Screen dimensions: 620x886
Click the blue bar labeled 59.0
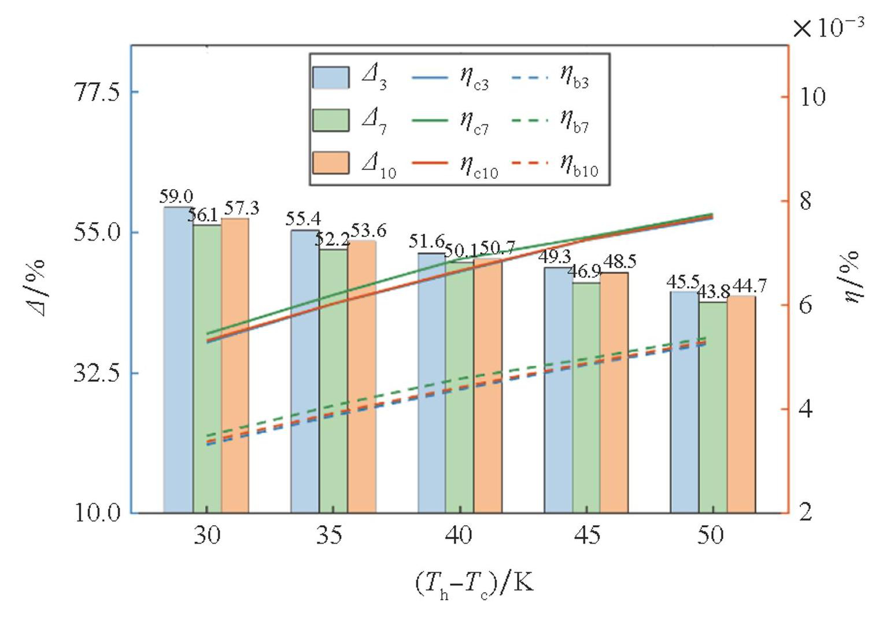tap(178, 359)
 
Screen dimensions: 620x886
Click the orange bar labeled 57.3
tap(235, 364)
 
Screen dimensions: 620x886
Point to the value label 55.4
tap(303, 219)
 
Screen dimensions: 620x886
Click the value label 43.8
tap(713, 293)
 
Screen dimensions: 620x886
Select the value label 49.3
tap(555, 257)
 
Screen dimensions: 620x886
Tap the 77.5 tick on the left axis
tap(98, 92)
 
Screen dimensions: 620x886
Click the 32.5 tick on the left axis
tap(98, 373)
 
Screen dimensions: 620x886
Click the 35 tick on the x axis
tap(334, 536)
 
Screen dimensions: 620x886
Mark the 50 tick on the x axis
tap(711, 536)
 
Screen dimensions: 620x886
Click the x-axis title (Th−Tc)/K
tap(474, 585)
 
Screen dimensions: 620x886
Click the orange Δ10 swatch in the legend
tap(331, 163)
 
